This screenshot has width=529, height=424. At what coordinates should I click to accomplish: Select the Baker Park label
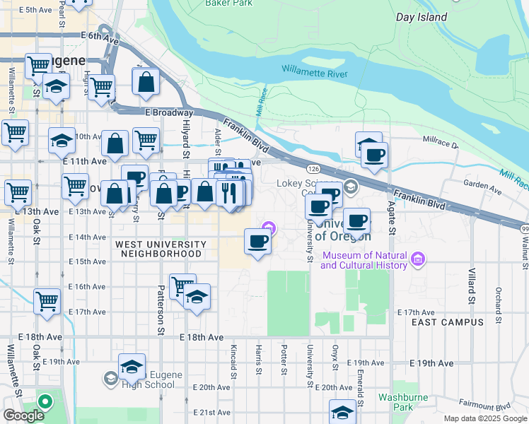point(228,4)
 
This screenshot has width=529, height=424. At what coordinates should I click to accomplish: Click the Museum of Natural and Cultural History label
point(364,260)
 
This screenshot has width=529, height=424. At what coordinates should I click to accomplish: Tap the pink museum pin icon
point(418,260)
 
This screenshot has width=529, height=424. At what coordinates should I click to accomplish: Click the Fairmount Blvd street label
point(483,407)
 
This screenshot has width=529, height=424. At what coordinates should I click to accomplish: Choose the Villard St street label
point(472,283)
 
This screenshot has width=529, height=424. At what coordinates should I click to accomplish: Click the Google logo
point(23,416)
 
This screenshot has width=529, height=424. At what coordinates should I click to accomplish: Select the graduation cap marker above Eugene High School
point(132,366)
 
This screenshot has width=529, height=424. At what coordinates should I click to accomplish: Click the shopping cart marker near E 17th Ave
point(47,300)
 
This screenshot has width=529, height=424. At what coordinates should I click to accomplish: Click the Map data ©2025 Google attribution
point(485,418)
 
